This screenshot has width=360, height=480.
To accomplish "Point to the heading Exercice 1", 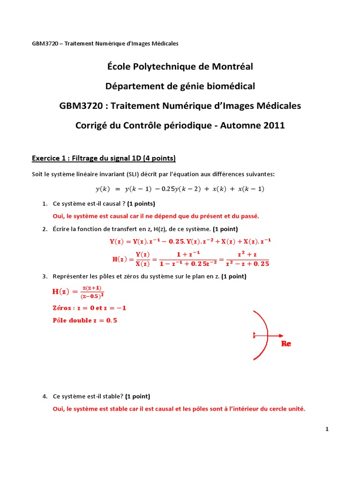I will (49, 157).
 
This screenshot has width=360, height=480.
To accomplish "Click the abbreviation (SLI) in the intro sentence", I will (133, 174).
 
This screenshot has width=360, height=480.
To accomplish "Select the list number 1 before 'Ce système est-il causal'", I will (44, 204).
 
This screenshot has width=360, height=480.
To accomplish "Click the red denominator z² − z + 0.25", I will (247, 263).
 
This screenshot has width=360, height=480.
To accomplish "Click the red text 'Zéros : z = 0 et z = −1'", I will (89, 308).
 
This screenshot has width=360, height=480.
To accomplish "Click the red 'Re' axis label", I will (286, 344).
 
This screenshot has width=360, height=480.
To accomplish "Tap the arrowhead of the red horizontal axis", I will (281, 335).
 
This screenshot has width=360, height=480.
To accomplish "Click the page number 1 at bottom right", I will (327, 429).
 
